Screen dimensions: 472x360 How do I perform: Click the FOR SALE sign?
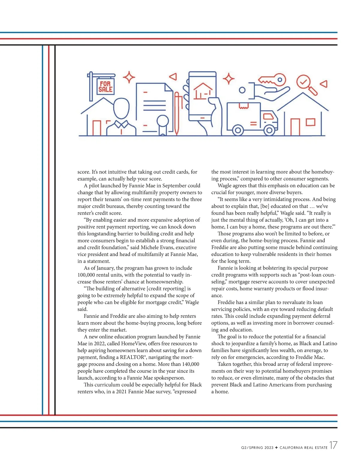[x=106, y=87]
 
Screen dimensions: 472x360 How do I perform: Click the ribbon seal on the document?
[x=163, y=123]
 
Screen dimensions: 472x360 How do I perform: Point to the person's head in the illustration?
[x=121, y=108]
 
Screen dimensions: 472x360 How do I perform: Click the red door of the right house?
[x=295, y=127]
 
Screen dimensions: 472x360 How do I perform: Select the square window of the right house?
[x=310, y=122]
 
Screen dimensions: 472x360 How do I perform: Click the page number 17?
[x=333, y=445]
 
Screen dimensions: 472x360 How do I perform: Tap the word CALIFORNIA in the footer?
[x=291, y=448]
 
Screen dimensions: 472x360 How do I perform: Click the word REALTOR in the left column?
[x=132, y=357]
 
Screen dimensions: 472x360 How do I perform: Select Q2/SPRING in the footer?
[x=252, y=448]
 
